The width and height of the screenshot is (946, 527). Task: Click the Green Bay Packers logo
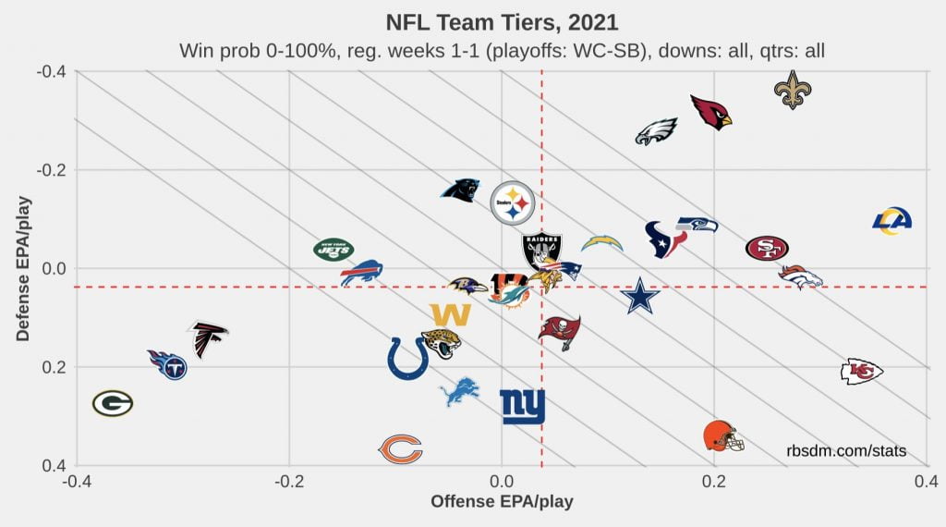click(x=113, y=403)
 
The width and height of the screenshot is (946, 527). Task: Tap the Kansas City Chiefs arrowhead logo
click(x=861, y=372)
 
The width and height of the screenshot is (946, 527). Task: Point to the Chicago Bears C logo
click(x=401, y=449)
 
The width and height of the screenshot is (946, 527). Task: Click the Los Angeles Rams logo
click(x=892, y=219)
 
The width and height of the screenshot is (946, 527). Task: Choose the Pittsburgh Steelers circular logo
click(x=511, y=202)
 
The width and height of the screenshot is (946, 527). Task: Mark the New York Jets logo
click(x=334, y=249)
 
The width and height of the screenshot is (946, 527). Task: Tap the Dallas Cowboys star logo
click(x=640, y=296)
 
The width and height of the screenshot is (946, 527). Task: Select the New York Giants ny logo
click(x=522, y=407)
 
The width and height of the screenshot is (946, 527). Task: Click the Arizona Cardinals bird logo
click(x=711, y=112)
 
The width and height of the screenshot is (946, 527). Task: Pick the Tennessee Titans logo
click(x=168, y=364)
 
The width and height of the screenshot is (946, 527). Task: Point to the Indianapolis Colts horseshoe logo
click(x=407, y=358)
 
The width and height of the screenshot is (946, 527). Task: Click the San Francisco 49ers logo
click(x=767, y=248)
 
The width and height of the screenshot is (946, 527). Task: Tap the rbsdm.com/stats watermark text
click(x=846, y=451)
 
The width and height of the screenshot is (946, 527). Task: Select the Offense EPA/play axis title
click(x=502, y=502)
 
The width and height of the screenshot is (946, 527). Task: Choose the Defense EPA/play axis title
click(x=23, y=268)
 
